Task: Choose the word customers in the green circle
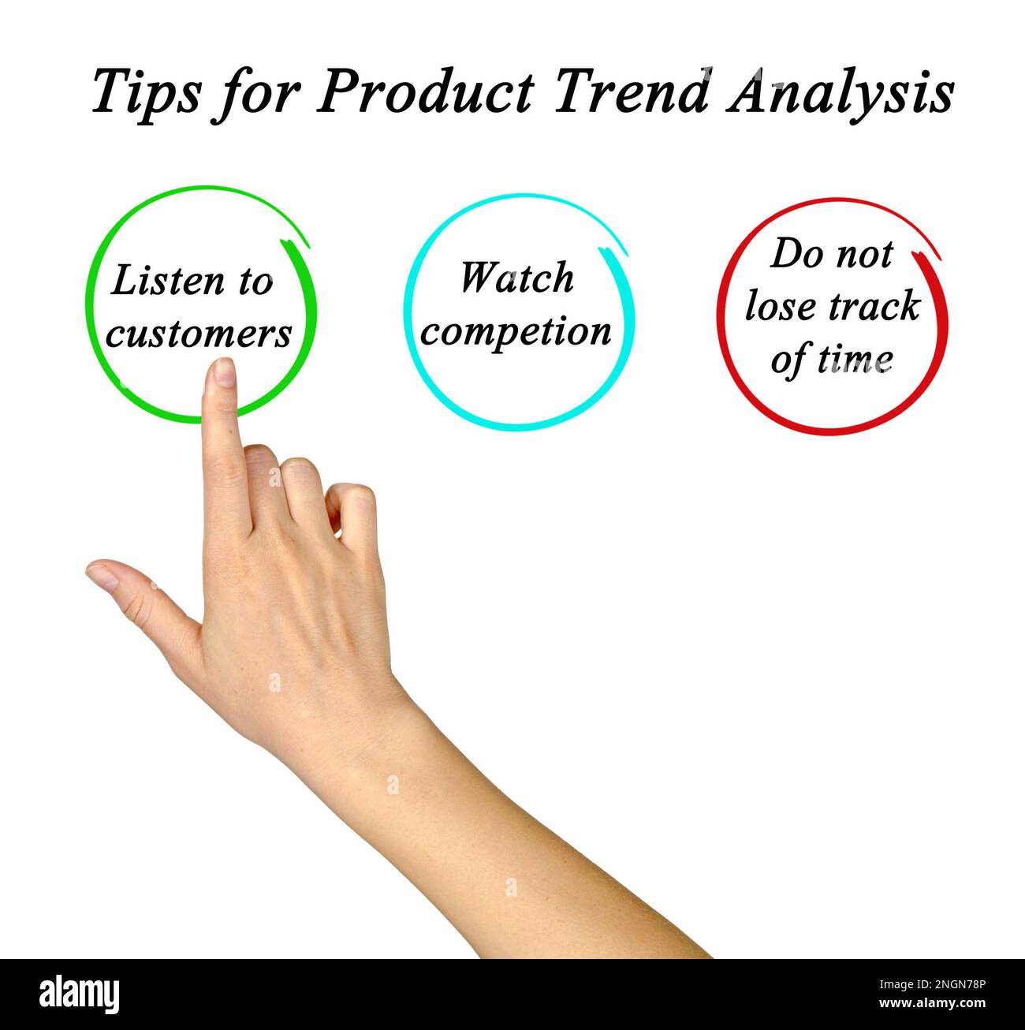pyautogui.click(x=199, y=334)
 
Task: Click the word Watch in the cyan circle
pyautogui.click(x=516, y=278)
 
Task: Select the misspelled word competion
pyautogui.click(x=516, y=331)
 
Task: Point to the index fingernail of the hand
pyautogui.click(x=225, y=371)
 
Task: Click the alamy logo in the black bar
pyautogui.click(x=80, y=993)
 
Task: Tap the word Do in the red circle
pyautogui.click(x=792, y=254)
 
